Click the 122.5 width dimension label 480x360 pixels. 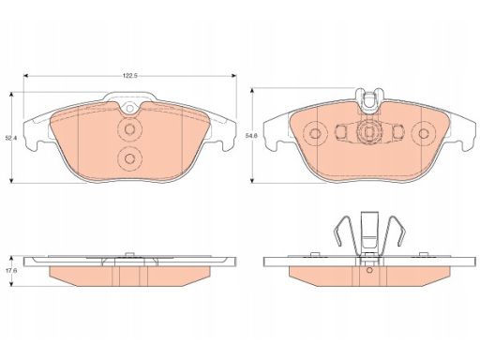[x=130, y=76]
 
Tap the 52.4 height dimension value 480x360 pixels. [x=11, y=137]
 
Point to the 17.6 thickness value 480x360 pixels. [x=11, y=271]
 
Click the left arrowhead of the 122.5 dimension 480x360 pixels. [x=26, y=76]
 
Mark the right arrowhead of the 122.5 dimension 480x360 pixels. [x=233, y=76]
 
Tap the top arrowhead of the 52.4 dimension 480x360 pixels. [x=11, y=95]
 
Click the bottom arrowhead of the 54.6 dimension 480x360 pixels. [x=252, y=180]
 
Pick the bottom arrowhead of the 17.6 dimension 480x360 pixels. [x=11, y=283]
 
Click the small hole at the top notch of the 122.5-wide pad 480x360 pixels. [x=129, y=109]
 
